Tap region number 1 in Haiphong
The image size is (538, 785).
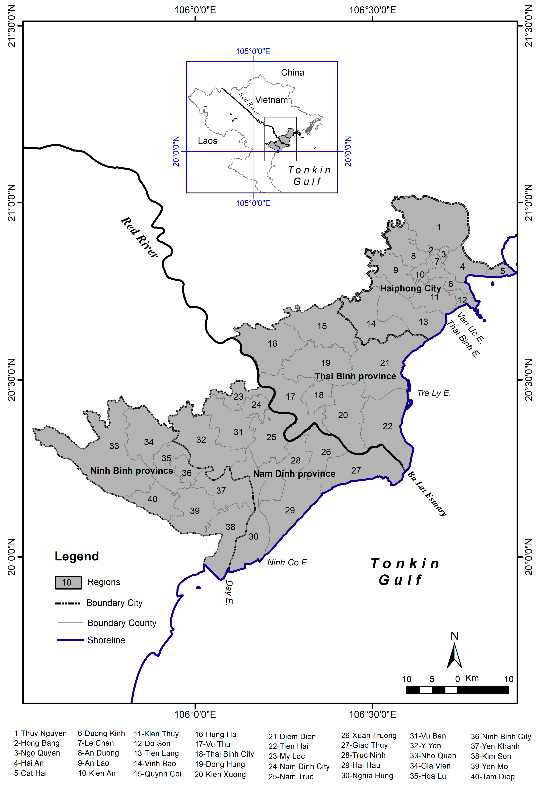tap(439, 227)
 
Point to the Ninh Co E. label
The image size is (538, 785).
tap(288, 562)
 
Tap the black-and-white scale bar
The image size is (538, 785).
tap(457, 690)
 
